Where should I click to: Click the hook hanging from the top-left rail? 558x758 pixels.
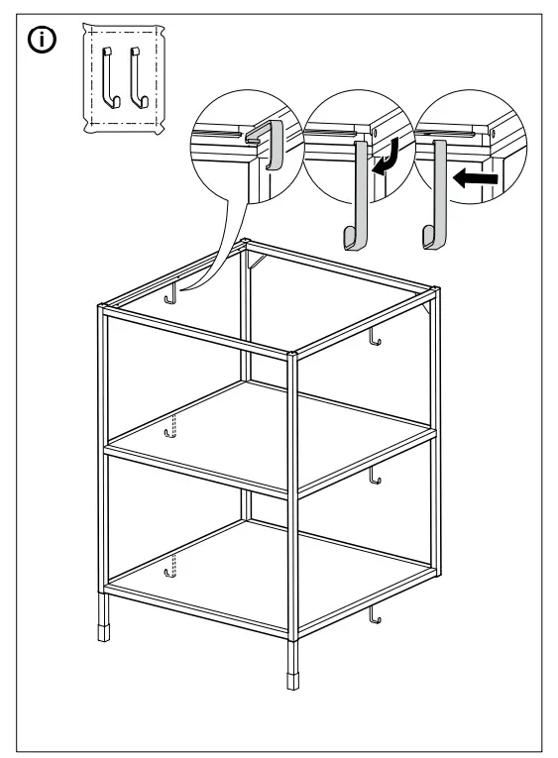tap(172, 294)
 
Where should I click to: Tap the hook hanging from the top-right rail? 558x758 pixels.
tap(375, 339)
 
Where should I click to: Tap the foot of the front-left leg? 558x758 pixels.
tap(104, 632)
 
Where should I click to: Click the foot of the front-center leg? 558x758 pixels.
tap(291, 682)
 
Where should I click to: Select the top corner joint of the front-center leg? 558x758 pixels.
tap(291, 353)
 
